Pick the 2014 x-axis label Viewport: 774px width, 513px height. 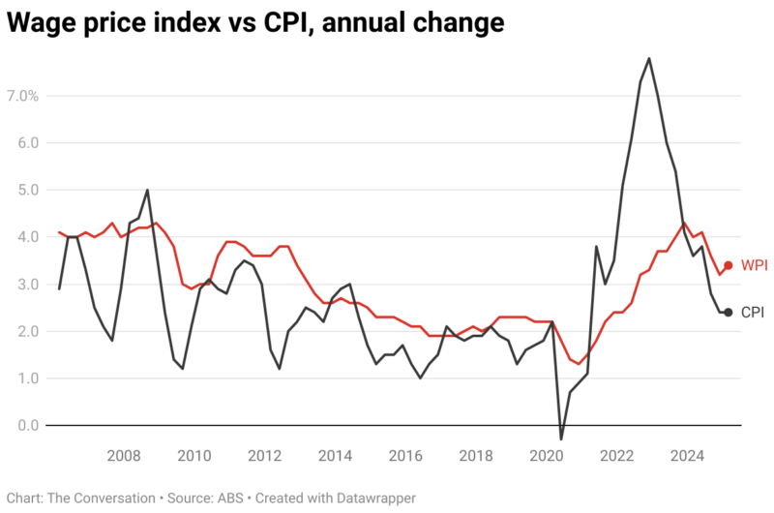click(x=336, y=456)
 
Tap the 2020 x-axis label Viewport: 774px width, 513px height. click(x=547, y=456)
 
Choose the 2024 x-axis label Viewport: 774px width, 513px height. click(x=688, y=456)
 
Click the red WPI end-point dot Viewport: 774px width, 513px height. click(x=728, y=265)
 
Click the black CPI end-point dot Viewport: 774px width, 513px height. click(x=728, y=312)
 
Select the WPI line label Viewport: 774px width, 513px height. click(x=755, y=265)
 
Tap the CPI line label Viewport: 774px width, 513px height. click(x=754, y=312)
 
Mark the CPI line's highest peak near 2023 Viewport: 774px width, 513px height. click(x=648, y=58)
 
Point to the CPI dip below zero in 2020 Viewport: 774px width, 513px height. click(x=560, y=439)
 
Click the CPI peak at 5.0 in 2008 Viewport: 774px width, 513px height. click(x=147, y=190)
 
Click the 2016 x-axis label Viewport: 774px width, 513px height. click(x=406, y=456)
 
